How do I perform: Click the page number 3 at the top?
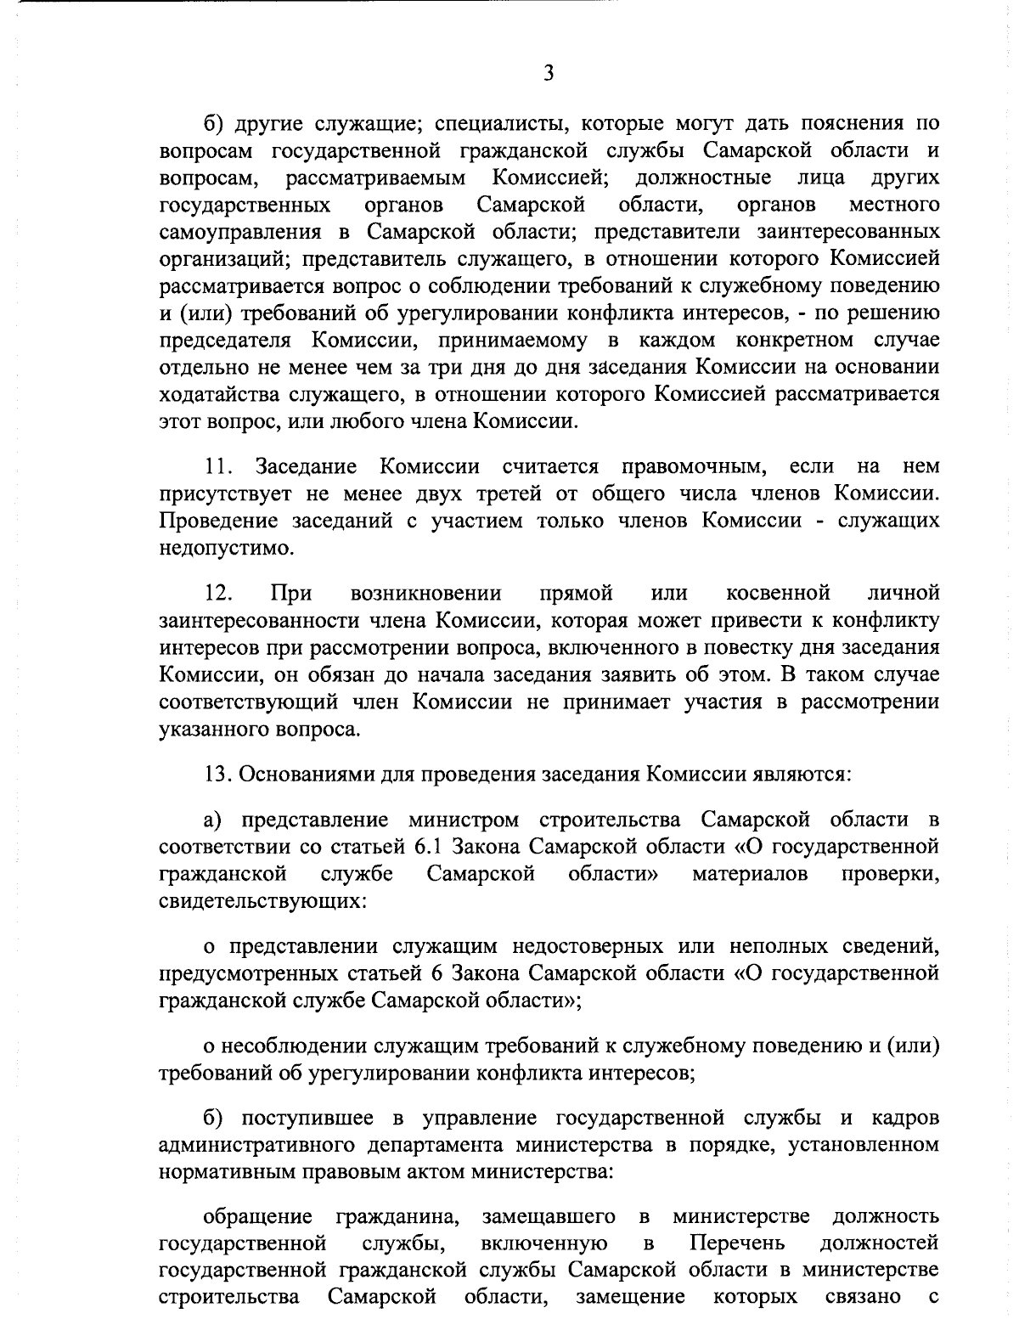(x=549, y=73)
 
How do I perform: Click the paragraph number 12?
(x=219, y=592)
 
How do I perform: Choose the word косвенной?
(x=778, y=592)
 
